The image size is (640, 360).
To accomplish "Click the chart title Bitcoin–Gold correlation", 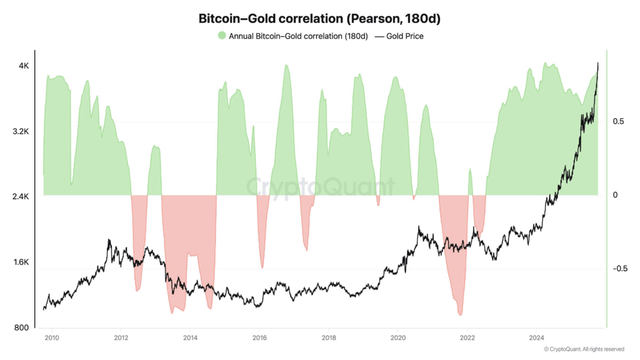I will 319,19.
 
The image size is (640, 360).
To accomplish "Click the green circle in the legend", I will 222,36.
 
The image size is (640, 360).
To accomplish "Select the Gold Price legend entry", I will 399,36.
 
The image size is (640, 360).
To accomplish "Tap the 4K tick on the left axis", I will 23,66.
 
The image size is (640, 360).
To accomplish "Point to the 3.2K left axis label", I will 21,132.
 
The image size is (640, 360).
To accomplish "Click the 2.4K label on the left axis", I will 21,197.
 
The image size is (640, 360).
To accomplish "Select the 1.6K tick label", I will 21,262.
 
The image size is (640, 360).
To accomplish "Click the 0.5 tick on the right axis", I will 618,121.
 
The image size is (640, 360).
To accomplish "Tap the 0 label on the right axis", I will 615,195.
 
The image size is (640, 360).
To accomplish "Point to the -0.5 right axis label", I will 619,269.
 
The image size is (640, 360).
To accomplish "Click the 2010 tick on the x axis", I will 52,338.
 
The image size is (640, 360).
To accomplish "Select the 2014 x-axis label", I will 191,338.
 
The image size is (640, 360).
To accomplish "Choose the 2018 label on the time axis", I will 329,338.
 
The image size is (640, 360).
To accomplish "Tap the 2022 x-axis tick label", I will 467,338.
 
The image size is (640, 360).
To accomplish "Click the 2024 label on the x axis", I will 536,338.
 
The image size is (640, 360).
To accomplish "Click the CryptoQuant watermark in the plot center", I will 319,187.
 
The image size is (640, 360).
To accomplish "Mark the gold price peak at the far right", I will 597,63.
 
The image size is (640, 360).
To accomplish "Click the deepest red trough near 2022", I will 461,314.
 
